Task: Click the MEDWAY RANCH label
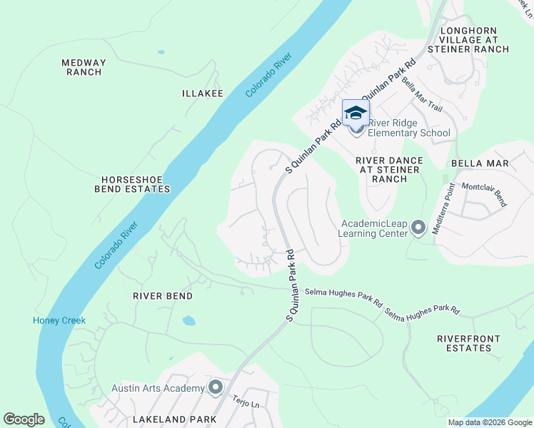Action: (84, 68)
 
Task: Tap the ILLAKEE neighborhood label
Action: (203, 93)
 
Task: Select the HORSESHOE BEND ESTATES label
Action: (135, 184)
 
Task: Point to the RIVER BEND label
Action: (163, 295)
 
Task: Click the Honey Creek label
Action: (59, 320)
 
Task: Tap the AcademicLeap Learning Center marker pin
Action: (418, 228)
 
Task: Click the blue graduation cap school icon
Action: (356, 113)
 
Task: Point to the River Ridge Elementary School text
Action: (409, 133)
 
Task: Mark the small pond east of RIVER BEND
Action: (188, 320)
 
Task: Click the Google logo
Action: (24, 419)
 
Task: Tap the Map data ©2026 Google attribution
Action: (489, 422)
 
